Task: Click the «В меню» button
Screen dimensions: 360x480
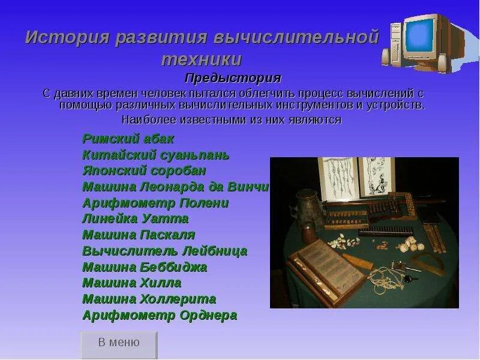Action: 119,343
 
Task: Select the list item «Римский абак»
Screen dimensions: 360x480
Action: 128,139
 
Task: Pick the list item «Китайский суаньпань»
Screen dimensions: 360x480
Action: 155,155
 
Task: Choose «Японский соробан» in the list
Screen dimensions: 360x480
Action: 144,170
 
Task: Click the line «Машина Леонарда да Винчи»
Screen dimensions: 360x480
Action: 175,187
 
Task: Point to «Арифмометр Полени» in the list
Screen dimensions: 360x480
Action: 155,203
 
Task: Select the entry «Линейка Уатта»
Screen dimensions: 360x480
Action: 135,218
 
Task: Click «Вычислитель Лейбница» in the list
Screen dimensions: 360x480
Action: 164,251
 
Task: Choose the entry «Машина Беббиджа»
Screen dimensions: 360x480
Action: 144,267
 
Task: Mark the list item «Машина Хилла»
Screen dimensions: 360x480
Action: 131,283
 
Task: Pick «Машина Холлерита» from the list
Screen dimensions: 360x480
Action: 149,299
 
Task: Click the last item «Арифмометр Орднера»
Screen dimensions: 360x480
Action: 159,315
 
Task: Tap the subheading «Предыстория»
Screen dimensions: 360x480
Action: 233,78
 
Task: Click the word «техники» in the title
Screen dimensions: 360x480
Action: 202,59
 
